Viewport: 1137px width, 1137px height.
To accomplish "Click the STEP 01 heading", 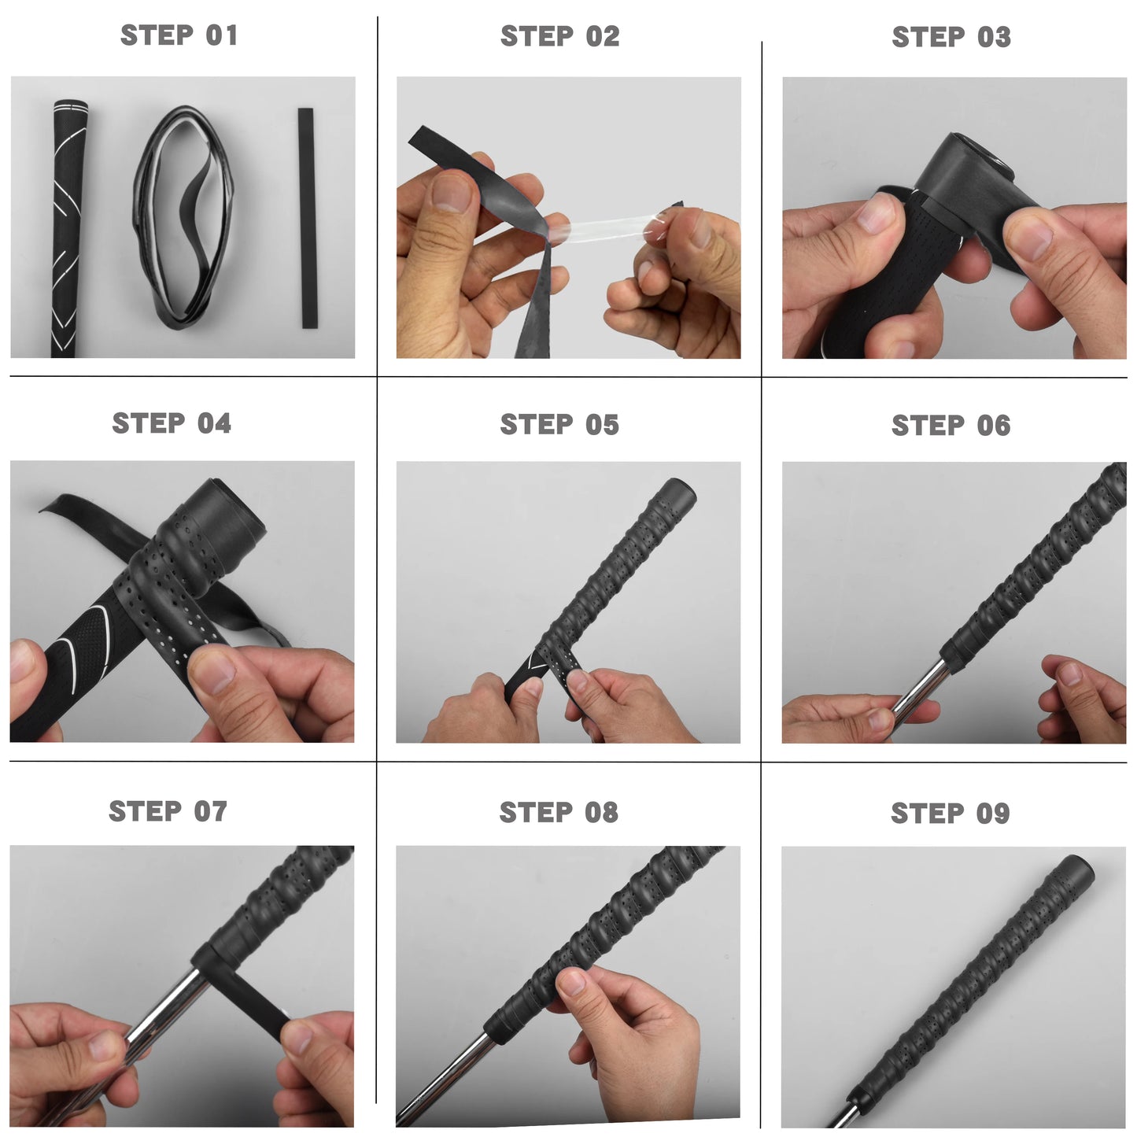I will (179, 35).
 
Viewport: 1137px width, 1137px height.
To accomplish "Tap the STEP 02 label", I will (559, 36).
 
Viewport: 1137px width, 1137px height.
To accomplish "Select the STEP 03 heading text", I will (951, 37).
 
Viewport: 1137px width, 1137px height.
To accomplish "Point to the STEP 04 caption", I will (172, 423).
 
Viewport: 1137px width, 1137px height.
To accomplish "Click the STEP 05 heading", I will (559, 425).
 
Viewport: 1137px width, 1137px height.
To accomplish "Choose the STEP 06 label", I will (951, 426).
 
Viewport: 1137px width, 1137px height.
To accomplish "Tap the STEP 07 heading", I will (168, 811).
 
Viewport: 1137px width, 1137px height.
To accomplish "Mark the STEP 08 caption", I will (559, 813).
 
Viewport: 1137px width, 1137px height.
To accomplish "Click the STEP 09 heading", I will (950, 814).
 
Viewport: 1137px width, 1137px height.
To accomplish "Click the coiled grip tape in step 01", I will (184, 216).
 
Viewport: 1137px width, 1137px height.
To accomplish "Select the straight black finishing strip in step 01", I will (306, 218).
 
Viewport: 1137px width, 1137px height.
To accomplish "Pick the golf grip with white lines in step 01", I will (67, 228).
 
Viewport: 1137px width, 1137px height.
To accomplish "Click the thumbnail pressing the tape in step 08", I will (573, 982).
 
